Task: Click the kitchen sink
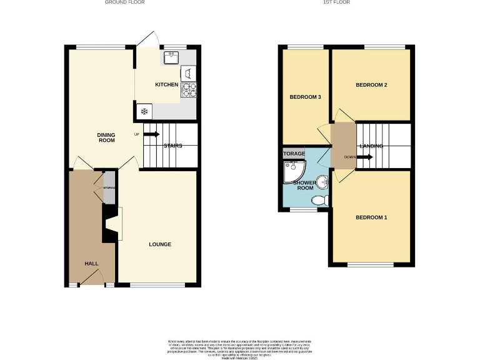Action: tap(171, 57)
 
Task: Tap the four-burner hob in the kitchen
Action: tap(189, 91)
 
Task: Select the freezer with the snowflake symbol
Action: tap(144, 111)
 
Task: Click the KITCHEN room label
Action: tap(167, 85)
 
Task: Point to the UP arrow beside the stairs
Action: tap(152, 134)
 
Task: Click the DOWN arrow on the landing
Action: tap(364, 157)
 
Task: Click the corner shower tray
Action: tap(291, 169)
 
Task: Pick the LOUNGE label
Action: tap(160, 244)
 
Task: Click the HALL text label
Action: tap(91, 264)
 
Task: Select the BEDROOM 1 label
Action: tap(371, 217)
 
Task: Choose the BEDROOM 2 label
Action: tap(371, 84)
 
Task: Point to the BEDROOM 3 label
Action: tap(305, 97)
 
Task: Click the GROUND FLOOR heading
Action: tap(124, 2)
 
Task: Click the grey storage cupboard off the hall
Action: tap(109, 187)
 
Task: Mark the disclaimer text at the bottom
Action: tap(240, 347)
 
